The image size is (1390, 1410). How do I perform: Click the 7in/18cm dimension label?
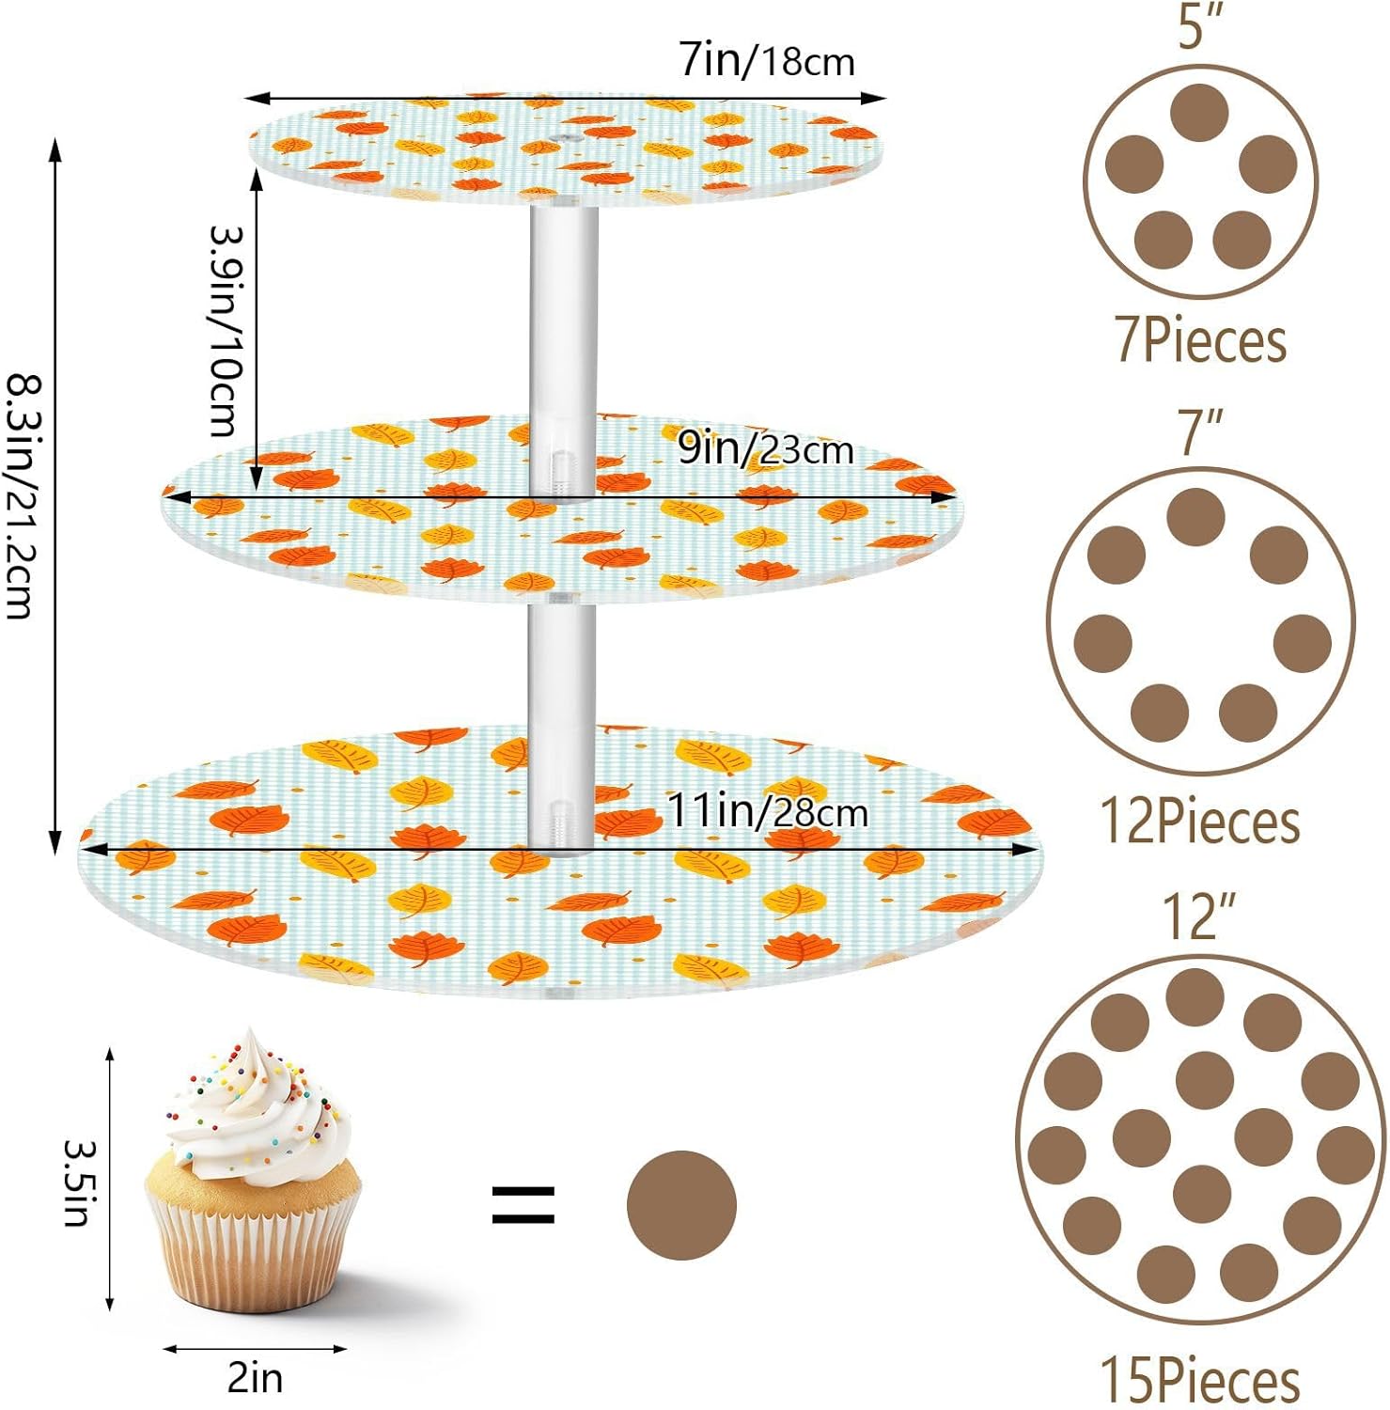767,61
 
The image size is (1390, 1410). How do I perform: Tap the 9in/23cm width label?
765,449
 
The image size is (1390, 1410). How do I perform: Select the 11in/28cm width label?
767,810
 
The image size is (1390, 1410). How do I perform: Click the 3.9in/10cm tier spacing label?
226,331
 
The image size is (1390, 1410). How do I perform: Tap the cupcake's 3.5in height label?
77,1183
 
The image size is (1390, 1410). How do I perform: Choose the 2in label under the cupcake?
255,1377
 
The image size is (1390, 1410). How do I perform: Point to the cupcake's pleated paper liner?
252,1241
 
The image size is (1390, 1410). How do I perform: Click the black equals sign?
523,1205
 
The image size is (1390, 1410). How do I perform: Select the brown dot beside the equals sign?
681,1205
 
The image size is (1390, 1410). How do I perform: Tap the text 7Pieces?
1200,340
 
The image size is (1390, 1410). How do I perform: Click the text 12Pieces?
1200,822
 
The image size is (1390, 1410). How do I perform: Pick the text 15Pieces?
1200,1380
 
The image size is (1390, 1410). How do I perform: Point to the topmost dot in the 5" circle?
1200,113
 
